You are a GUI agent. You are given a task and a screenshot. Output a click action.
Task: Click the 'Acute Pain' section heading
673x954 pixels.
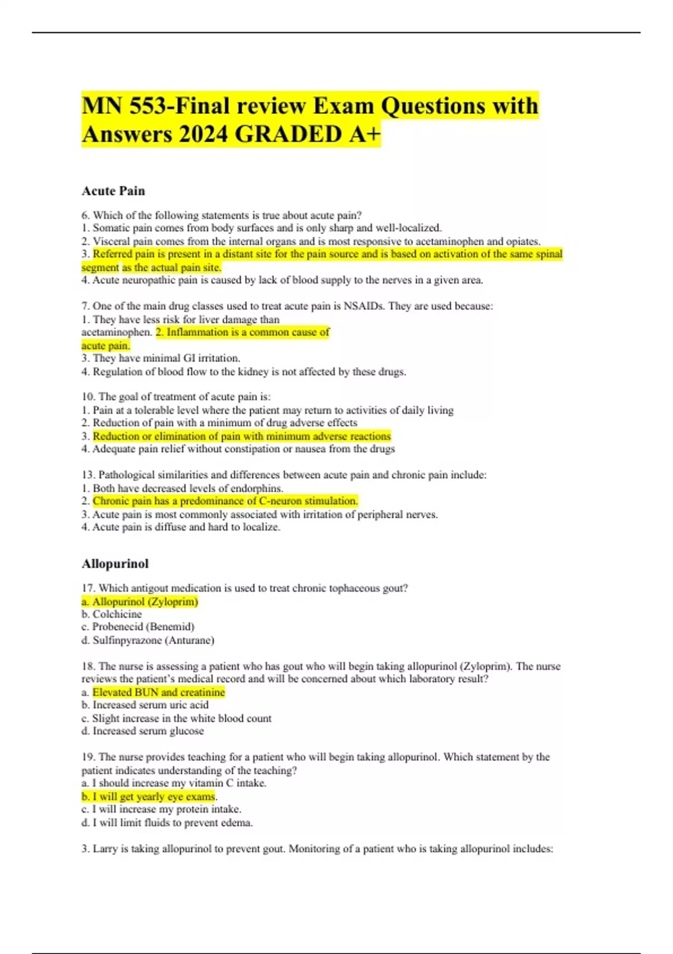click(113, 191)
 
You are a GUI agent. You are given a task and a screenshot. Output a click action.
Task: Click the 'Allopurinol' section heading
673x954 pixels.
click(115, 563)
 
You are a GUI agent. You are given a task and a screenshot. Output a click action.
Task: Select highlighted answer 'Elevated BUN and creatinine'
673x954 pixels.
click(159, 692)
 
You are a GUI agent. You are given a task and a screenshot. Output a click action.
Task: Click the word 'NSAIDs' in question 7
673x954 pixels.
click(364, 306)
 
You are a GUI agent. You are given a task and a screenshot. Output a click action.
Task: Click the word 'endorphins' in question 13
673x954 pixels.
click(256, 488)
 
